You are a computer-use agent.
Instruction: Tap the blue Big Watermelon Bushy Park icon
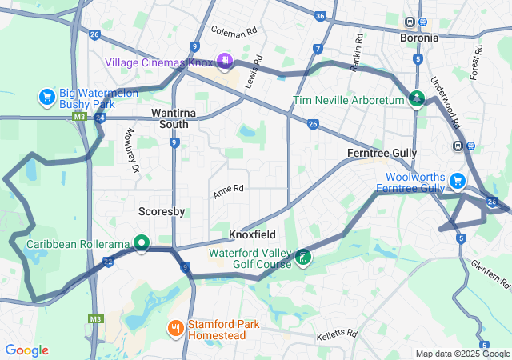47,98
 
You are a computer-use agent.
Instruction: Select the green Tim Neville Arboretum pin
416,99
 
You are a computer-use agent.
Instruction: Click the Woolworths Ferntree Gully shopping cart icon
458,181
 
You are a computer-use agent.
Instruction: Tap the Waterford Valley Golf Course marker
303,258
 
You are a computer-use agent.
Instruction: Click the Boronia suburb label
419,38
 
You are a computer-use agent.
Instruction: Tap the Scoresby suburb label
162,212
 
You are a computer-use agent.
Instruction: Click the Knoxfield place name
252,235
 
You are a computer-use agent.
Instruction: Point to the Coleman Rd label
234,30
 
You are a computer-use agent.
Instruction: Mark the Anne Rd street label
228,192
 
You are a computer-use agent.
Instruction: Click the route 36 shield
320,16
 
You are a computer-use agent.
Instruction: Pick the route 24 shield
99,118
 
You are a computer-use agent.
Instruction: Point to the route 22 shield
108,262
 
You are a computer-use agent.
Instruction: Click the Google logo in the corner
27,350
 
